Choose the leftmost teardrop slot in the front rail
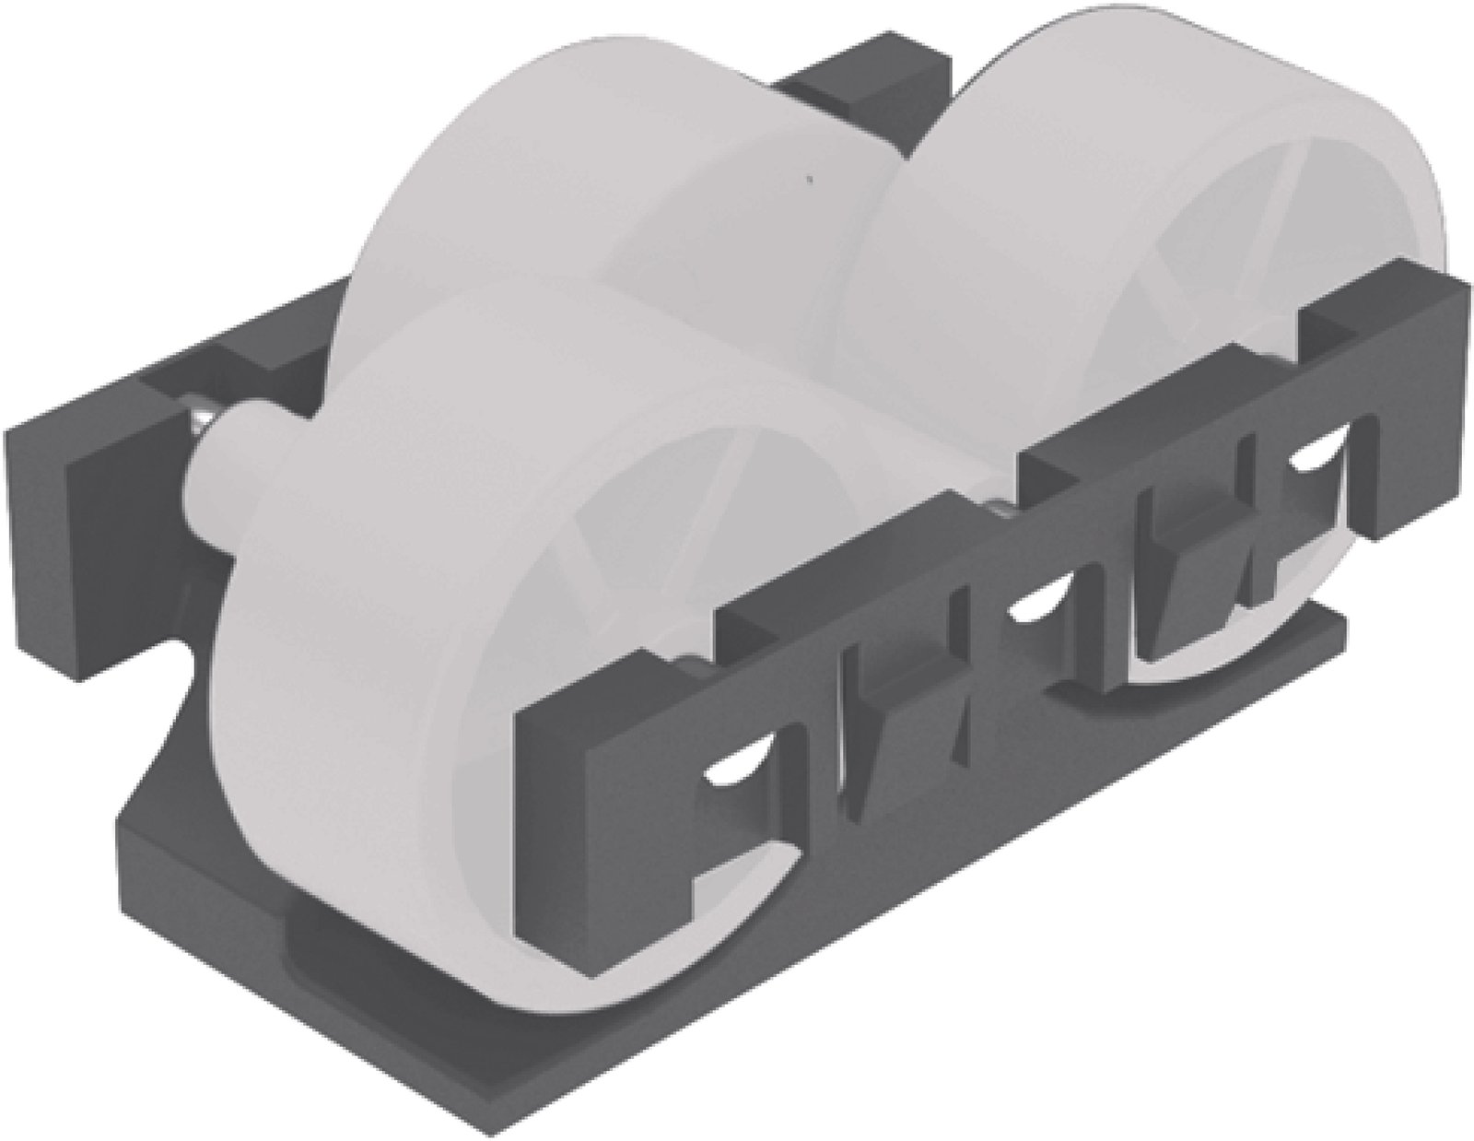742,765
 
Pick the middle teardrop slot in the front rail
1036,608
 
